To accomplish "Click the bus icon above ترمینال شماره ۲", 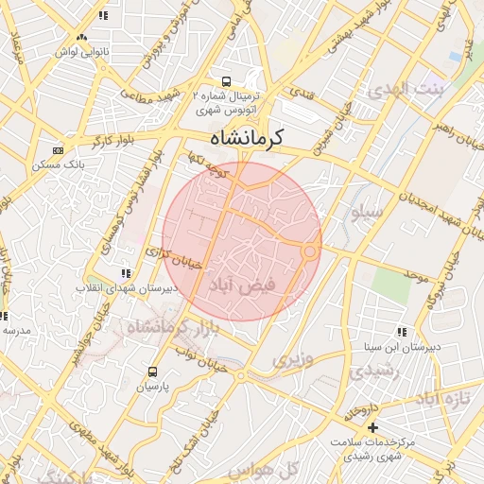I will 226,81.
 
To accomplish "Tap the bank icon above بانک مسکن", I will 58,150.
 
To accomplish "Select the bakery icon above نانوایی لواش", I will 81,37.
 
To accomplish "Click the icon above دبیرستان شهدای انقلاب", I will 127,273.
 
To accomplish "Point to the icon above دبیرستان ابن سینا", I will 402,332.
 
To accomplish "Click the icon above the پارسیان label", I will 152,372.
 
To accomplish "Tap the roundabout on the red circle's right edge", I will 310,250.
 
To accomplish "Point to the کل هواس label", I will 278,468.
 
